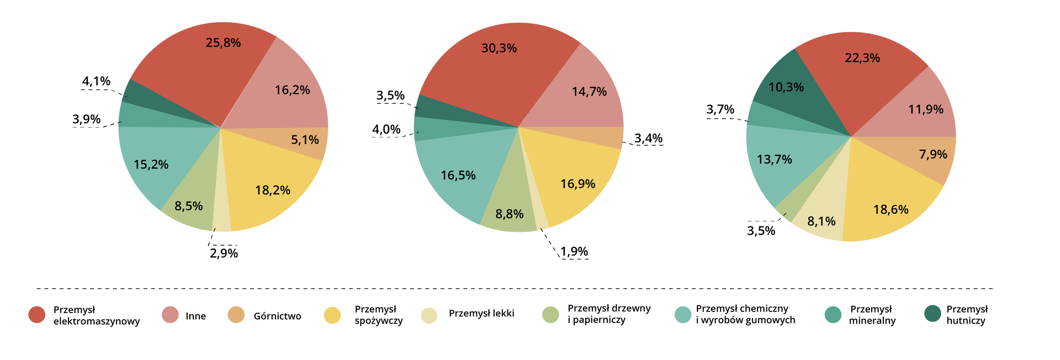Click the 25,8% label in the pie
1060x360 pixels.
[x=223, y=43]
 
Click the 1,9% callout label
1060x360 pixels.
[x=574, y=252]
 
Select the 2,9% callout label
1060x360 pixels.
[x=224, y=253]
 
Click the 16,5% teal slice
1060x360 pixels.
[x=458, y=176]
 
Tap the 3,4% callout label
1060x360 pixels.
[x=648, y=138]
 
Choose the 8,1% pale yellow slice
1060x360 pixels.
[x=821, y=221]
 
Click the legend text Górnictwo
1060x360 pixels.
[x=277, y=316]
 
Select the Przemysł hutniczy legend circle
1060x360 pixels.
[x=932, y=314]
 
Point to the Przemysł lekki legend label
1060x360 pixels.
[x=481, y=314]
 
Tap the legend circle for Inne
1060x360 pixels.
[x=170, y=315]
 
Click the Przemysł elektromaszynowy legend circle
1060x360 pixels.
[x=37, y=315]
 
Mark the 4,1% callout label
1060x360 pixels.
[x=97, y=82]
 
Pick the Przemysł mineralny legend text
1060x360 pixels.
[x=872, y=315]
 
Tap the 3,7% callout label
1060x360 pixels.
[x=720, y=109]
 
